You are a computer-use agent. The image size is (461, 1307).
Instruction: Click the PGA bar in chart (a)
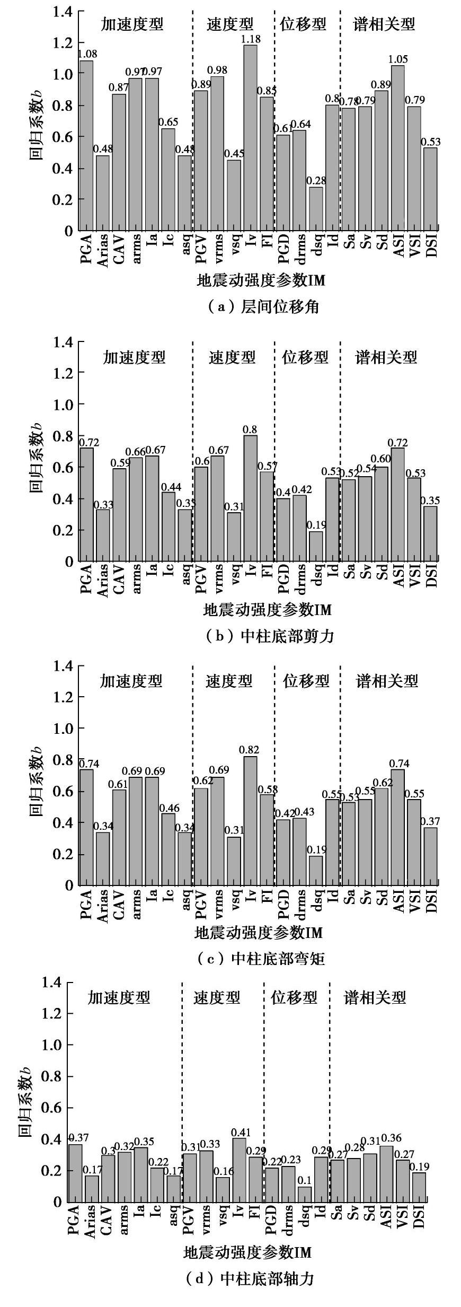[x=86, y=146]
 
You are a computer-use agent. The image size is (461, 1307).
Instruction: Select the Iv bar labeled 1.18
[x=250, y=138]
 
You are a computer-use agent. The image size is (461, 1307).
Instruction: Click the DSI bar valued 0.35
[x=430, y=533]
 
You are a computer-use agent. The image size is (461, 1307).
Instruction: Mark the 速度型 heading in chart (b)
[x=232, y=357]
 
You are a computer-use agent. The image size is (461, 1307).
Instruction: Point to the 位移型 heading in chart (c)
[x=306, y=681]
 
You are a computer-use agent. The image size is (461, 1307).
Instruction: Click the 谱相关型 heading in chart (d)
[x=375, y=998]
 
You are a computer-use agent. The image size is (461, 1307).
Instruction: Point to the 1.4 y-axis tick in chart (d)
[x=51, y=983]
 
